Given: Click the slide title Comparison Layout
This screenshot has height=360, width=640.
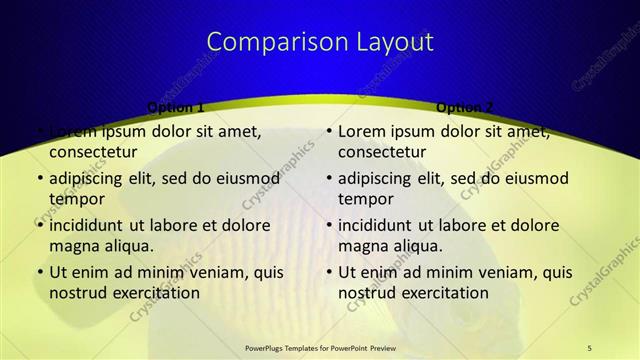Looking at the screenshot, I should click(320, 42).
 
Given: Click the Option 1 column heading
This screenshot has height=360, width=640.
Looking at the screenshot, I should click(176, 107).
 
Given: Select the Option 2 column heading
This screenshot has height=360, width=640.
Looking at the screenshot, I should click(466, 107).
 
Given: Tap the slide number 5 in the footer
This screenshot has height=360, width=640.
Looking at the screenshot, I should click(589, 347).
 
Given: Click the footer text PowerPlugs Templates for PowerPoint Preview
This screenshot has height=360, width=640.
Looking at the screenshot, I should click(320, 347).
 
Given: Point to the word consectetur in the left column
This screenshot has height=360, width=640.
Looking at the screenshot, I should click(93, 152).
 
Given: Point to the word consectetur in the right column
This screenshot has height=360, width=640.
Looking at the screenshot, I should click(382, 152).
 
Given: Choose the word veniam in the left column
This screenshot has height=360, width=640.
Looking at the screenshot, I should click(206, 272).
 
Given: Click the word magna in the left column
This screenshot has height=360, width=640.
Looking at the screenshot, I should click(74, 246).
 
